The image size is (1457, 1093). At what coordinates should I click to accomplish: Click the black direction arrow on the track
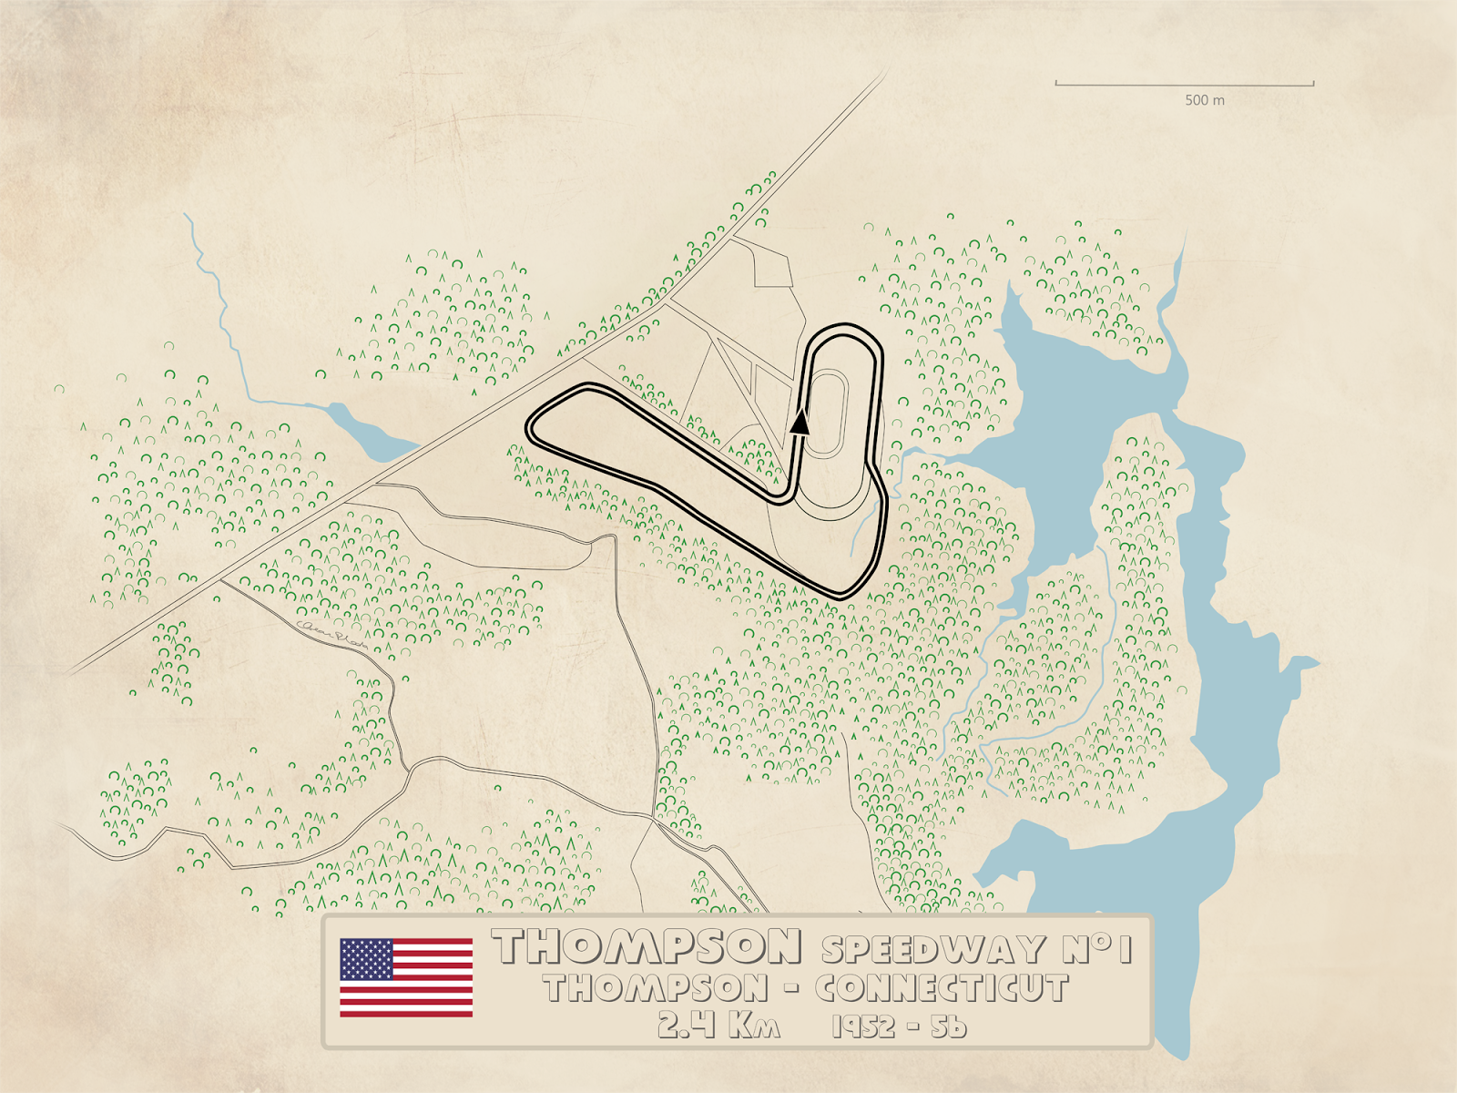tap(800, 420)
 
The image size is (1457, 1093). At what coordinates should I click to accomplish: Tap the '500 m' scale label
tap(1204, 100)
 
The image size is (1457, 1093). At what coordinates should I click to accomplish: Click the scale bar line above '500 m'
tap(1184, 85)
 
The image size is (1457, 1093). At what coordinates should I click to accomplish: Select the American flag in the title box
tap(406, 977)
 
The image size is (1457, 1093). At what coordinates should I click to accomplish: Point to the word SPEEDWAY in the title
tap(934, 949)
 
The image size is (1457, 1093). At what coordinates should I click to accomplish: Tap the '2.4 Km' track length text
tap(719, 1026)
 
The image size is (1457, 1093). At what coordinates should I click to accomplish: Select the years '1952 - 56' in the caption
tap(899, 1027)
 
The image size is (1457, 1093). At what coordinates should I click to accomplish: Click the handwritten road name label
tap(332, 635)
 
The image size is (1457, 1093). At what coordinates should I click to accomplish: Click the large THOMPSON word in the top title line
tap(647, 947)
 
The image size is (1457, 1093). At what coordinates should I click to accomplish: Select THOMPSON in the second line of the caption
tap(656, 988)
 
